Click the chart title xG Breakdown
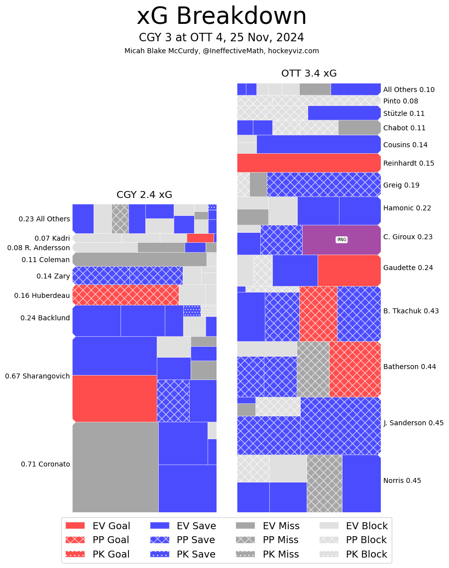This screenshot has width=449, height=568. coord(222,16)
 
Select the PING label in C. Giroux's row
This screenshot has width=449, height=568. coord(341,240)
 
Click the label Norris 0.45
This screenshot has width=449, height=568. coord(402,480)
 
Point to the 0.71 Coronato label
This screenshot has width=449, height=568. coord(45,464)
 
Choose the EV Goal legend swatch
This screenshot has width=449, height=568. coord(75,526)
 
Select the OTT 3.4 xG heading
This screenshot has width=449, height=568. coord(309,74)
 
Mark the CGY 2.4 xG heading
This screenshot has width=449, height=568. coord(144,195)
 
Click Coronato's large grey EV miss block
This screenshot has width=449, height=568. coord(115,467)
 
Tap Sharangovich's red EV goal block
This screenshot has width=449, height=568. coord(115,398)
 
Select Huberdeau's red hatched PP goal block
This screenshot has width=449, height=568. coord(125,295)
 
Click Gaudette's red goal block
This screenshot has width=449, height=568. coord(349,270)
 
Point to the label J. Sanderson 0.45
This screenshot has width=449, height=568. coord(413,423)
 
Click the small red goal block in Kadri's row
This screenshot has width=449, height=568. coord(200,238)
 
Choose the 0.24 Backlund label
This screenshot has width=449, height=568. coord(45,318)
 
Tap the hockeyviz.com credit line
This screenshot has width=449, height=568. coord(222,51)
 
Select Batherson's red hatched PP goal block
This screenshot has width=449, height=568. coord(354,369)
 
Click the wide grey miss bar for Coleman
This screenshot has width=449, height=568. coord(139,259)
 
